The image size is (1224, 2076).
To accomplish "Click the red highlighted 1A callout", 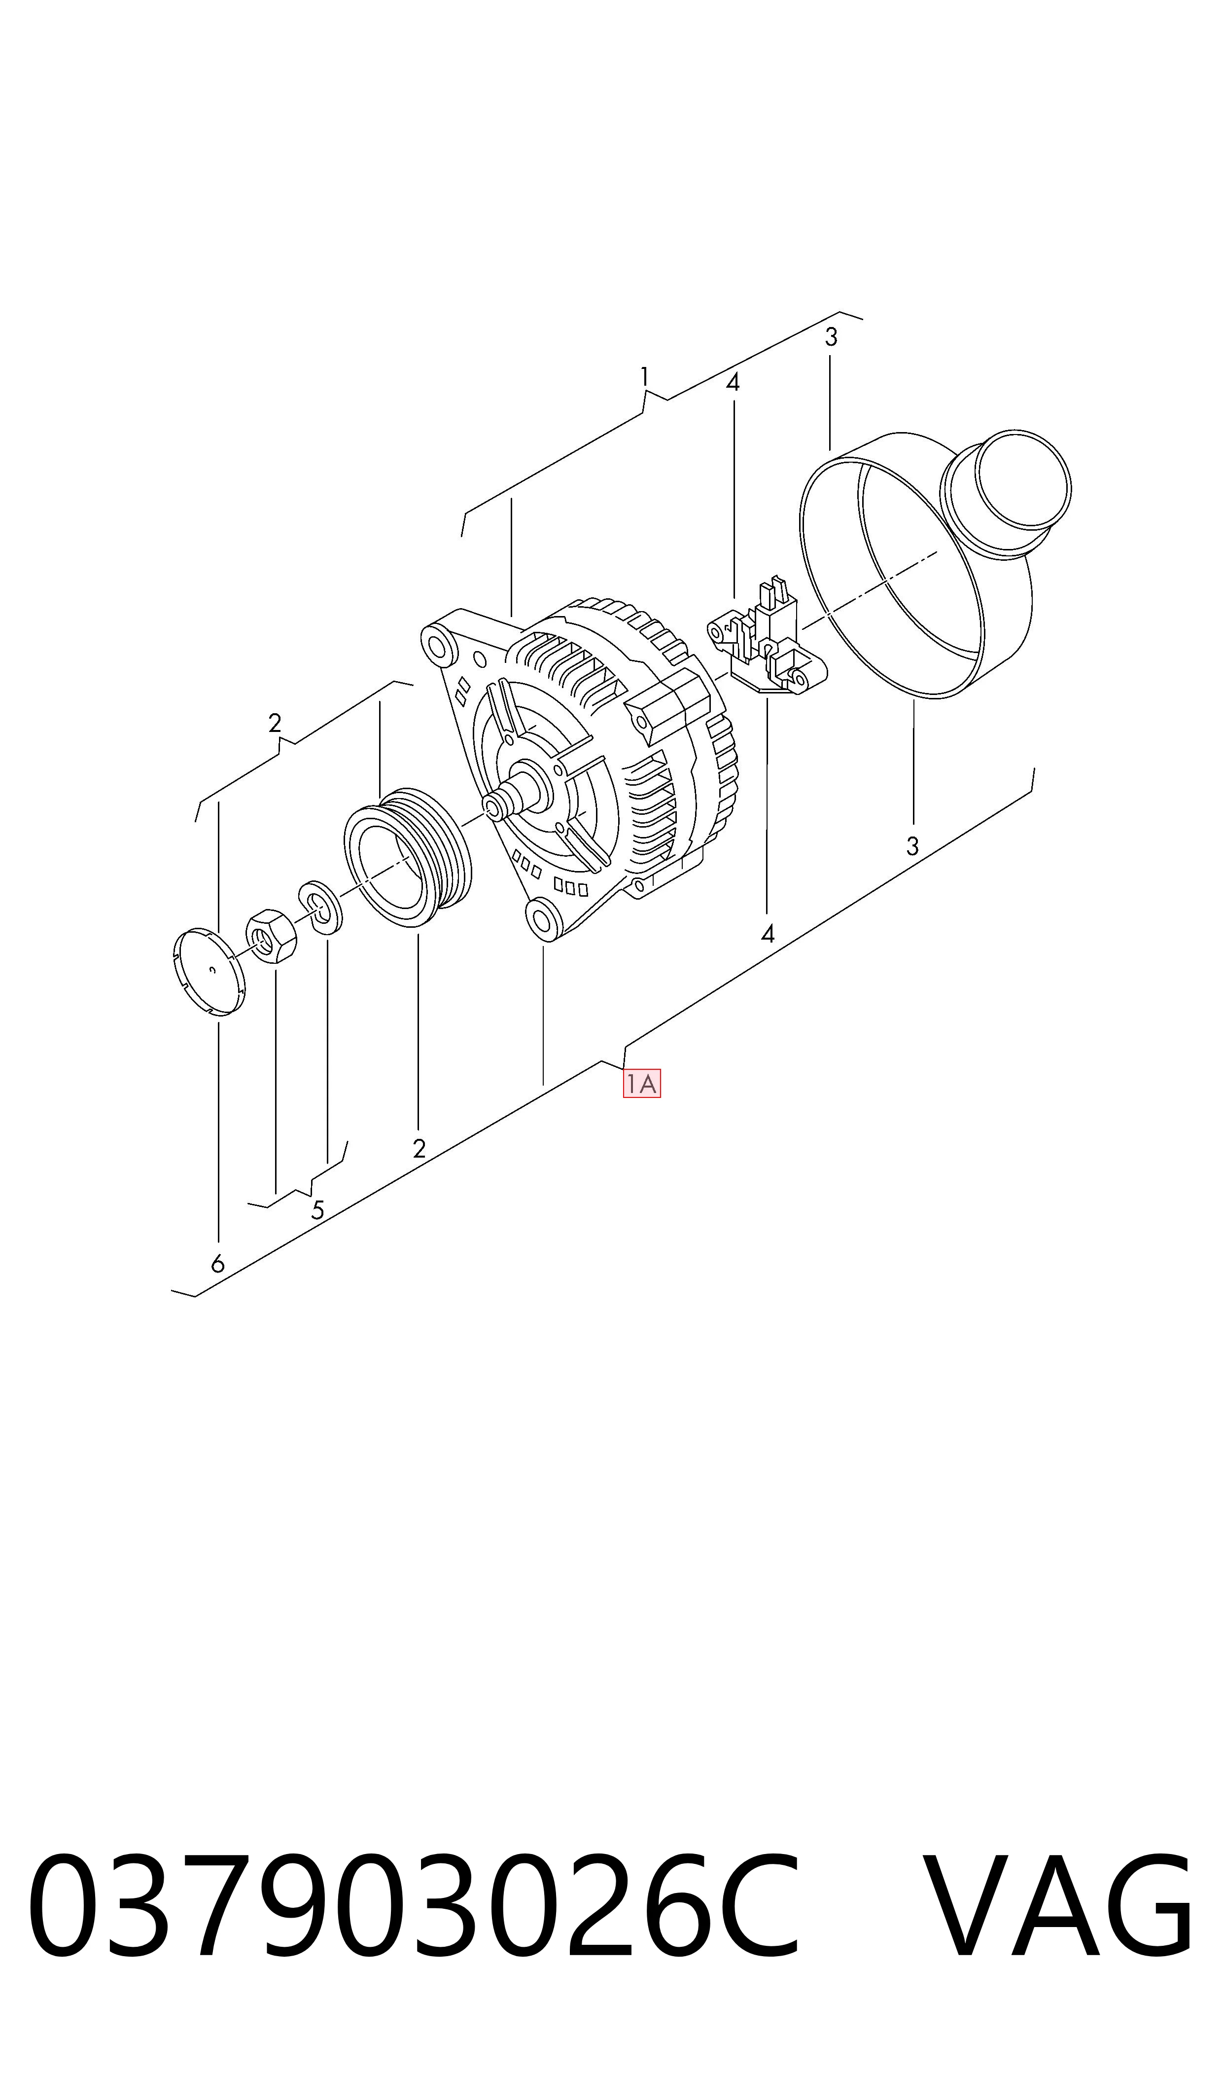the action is (x=642, y=1084).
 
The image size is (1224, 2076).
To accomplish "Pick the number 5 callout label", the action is (x=317, y=1210).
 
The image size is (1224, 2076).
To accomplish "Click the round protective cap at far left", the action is (x=210, y=971).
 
